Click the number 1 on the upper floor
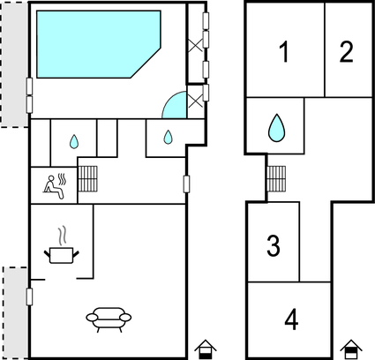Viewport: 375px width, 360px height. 283,53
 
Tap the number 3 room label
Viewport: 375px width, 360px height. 274,244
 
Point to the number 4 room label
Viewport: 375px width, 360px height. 291,319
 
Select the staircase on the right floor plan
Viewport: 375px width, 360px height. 276,179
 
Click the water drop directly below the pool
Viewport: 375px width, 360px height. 73,140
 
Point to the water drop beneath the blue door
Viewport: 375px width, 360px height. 168,137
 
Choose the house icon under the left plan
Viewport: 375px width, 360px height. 205,349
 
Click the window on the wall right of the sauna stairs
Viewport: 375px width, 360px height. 186,184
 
